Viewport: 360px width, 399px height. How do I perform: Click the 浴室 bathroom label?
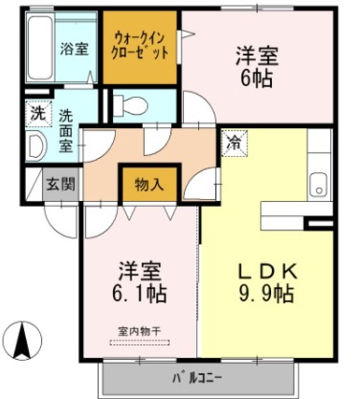pyautogui.click(x=74, y=49)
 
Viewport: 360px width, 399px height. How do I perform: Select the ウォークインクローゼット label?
pyautogui.click(x=140, y=47)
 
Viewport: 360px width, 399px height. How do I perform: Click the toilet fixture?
pyautogui.click(x=129, y=106)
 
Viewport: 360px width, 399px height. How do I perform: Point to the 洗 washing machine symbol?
pyautogui.click(x=38, y=114)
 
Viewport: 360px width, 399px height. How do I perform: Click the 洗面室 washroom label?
pyautogui.click(x=66, y=130)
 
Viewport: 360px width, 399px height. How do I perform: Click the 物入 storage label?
pyautogui.click(x=149, y=185)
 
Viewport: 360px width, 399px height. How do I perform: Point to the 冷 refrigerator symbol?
pyautogui.click(x=233, y=140)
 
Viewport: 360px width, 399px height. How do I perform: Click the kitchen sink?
pyautogui.click(x=319, y=184)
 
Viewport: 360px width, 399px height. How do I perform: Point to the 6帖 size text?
pyautogui.click(x=256, y=79)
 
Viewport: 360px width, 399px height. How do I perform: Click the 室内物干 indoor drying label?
pyautogui.click(x=139, y=330)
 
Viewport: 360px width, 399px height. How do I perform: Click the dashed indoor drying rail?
pyautogui.click(x=139, y=341)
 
